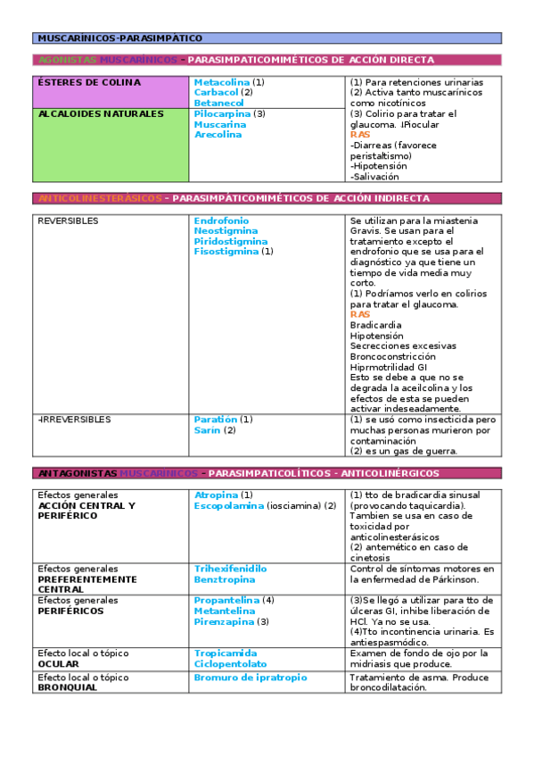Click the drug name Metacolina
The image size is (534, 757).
[x=221, y=82]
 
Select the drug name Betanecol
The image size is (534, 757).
[x=218, y=104]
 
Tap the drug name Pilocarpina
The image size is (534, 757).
[x=222, y=114]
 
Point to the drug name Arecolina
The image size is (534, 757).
[x=218, y=136]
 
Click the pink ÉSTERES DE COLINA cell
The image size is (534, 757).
[x=111, y=92]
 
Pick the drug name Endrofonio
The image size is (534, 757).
[x=221, y=220]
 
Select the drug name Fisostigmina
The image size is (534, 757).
[x=226, y=253]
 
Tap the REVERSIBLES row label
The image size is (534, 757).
[x=68, y=220]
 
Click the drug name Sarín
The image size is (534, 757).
[x=207, y=430]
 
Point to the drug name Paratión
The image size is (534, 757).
[x=215, y=420]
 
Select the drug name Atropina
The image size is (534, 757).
[x=216, y=495]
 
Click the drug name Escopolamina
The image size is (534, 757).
[x=229, y=506]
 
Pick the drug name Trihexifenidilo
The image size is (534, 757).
[x=230, y=569]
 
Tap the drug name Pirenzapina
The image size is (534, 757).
[x=224, y=621]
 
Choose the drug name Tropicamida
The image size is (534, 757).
[x=225, y=653]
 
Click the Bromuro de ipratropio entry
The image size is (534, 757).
[x=250, y=678]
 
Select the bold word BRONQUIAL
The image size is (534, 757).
[x=68, y=688]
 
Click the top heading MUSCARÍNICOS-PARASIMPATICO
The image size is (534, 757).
[x=119, y=38]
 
